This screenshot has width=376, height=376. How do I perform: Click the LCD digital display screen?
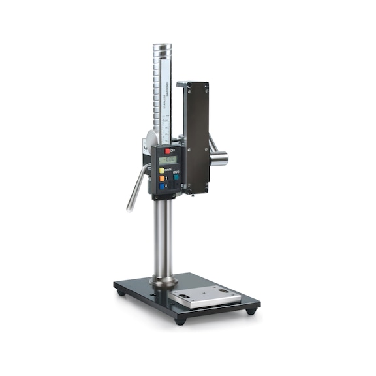(x=168, y=159)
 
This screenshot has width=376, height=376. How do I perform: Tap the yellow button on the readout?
(x=162, y=170)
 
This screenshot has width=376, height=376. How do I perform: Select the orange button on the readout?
(x=162, y=178)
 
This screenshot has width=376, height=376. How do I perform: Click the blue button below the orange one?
(x=162, y=187)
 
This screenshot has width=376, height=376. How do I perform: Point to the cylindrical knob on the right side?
(x=219, y=158)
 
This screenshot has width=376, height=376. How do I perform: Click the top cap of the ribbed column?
(x=162, y=48)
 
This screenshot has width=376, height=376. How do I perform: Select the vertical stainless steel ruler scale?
(x=166, y=104)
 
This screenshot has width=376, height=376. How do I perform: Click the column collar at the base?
(x=163, y=282)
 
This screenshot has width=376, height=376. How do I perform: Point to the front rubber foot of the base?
(x=179, y=321)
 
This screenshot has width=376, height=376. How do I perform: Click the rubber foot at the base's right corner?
(x=251, y=311)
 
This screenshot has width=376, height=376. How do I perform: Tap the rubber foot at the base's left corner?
(x=121, y=293)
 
